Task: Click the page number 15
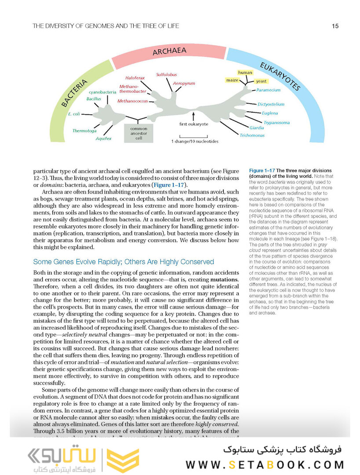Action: [335, 26]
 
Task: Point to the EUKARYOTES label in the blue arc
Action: [280, 76]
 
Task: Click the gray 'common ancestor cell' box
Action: [138, 132]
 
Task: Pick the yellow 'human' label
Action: [245, 72]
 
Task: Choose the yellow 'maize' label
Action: [232, 80]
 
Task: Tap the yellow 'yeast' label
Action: [261, 81]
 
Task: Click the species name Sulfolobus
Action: [167, 75]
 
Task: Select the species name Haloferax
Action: [135, 77]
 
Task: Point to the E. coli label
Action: [74, 114]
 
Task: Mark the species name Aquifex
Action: [104, 139]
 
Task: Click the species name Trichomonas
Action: [252, 135]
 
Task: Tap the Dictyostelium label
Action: [271, 104]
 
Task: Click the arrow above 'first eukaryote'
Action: [193, 116]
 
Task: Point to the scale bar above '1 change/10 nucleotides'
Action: [190, 135]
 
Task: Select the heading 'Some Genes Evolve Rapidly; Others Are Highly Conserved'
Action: [124, 262]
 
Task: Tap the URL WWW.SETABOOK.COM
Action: [265, 464]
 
